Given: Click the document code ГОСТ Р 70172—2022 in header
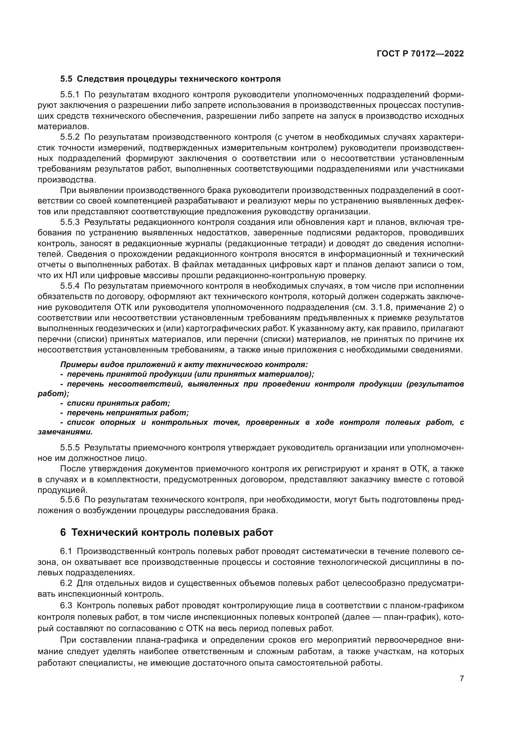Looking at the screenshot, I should tap(420, 54).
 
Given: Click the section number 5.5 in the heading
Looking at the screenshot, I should tap(66, 79).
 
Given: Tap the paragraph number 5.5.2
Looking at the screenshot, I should tap(70, 137).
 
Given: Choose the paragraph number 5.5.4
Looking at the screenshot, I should tap(70, 286).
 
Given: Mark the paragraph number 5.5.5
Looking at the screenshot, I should tap(70, 447).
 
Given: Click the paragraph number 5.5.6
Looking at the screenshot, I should tap(70, 499).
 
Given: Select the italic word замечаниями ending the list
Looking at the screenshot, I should tap(65, 432).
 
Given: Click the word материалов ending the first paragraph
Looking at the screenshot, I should tap(63, 126).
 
